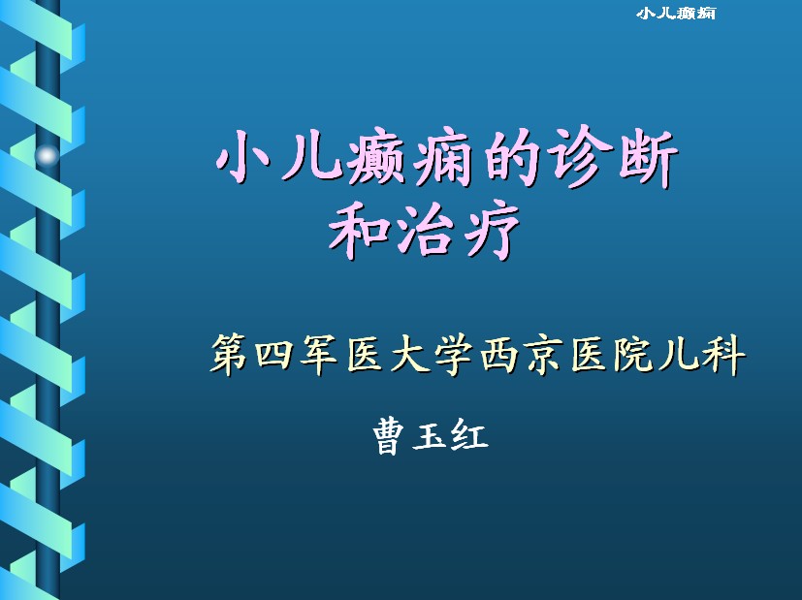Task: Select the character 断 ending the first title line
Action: click(x=648, y=157)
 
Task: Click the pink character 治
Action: click(x=423, y=230)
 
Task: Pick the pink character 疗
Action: click(x=490, y=230)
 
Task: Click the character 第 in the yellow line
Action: click(x=229, y=354)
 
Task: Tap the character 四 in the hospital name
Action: click(x=273, y=354)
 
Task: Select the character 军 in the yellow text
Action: click(x=318, y=354)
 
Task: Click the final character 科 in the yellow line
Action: click(x=723, y=354)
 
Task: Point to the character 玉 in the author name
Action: click(x=429, y=436)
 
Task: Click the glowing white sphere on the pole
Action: click(x=48, y=155)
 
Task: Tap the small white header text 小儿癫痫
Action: click(x=676, y=14)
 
